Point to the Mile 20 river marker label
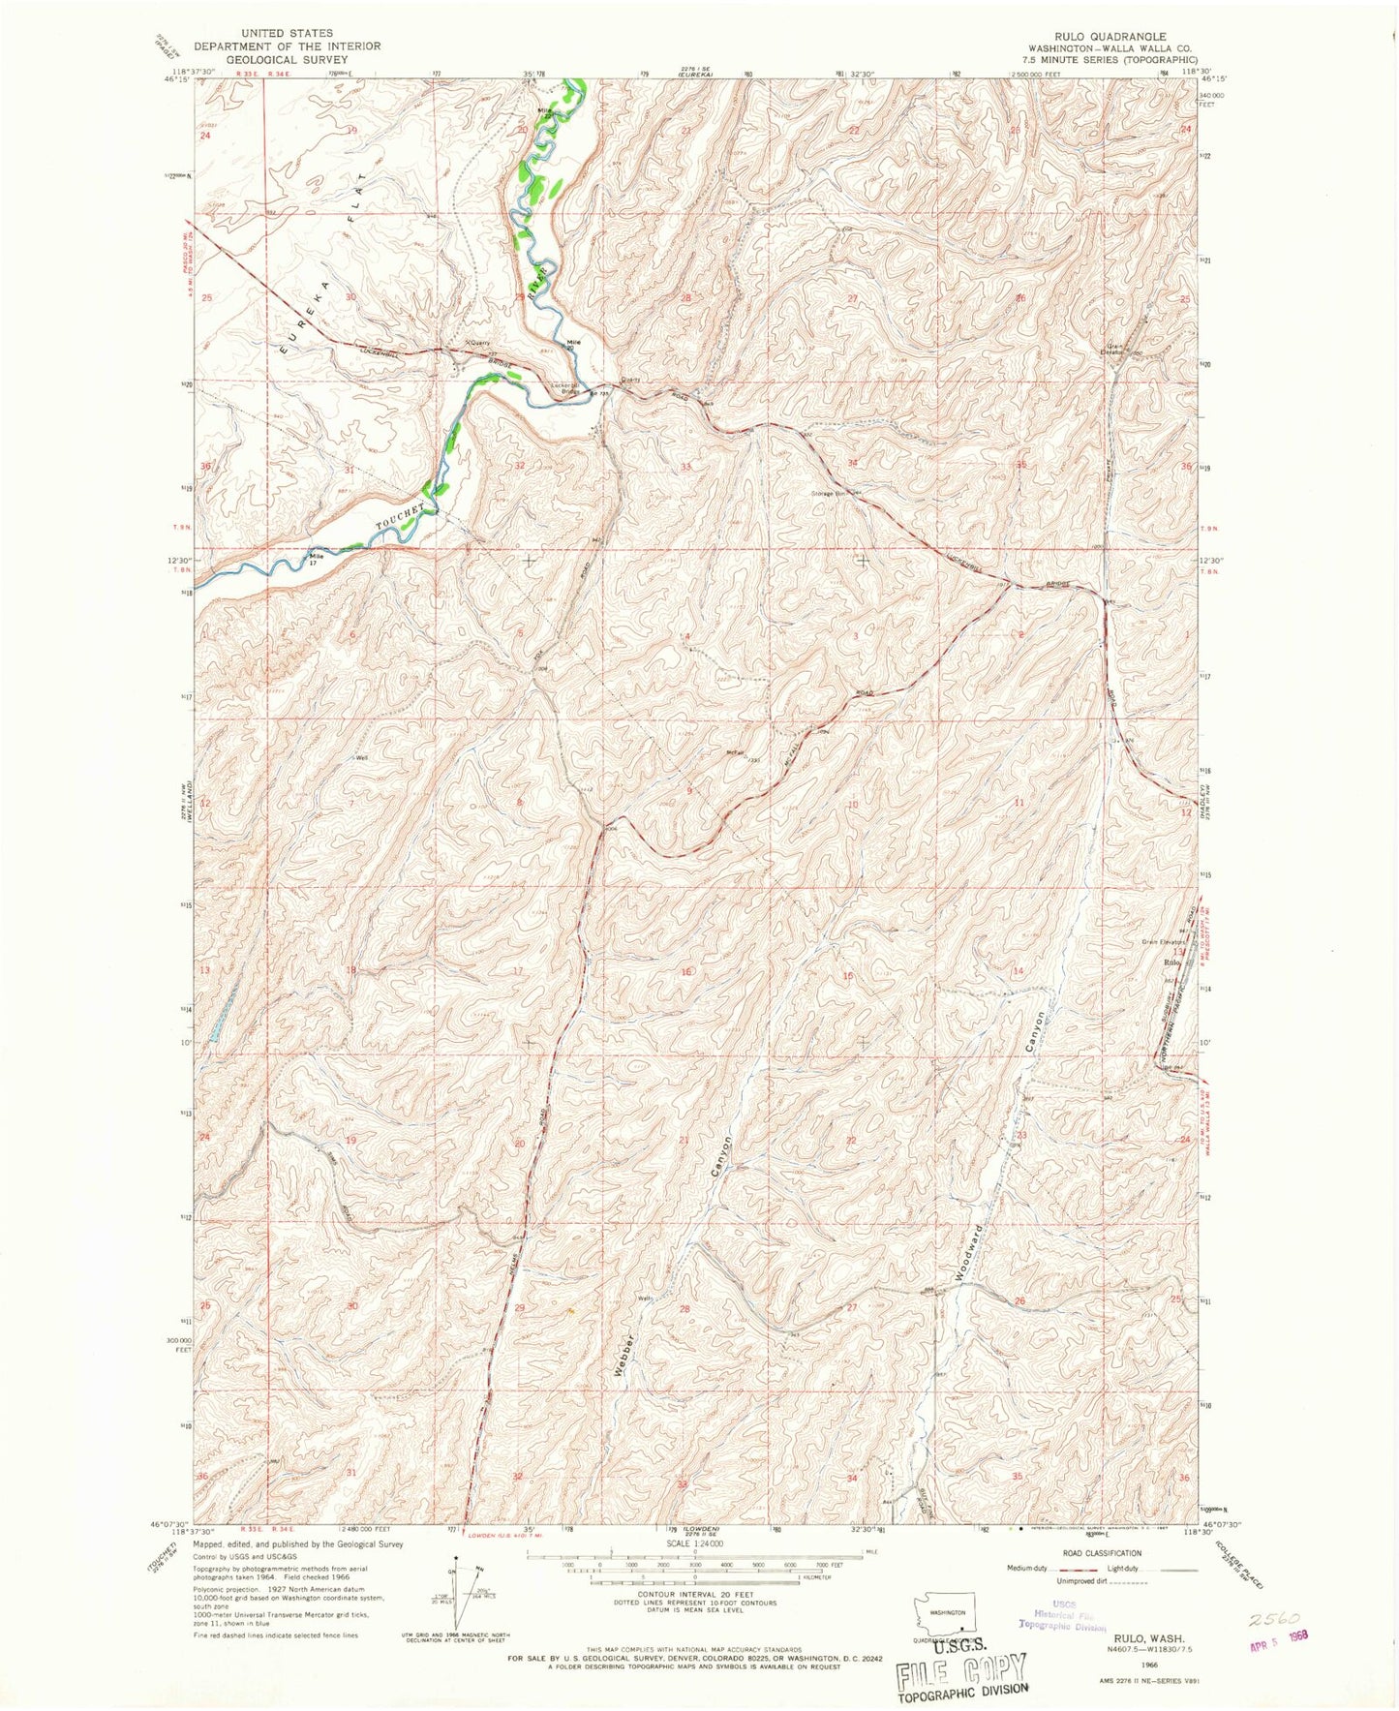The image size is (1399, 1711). pyautogui.click(x=577, y=343)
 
